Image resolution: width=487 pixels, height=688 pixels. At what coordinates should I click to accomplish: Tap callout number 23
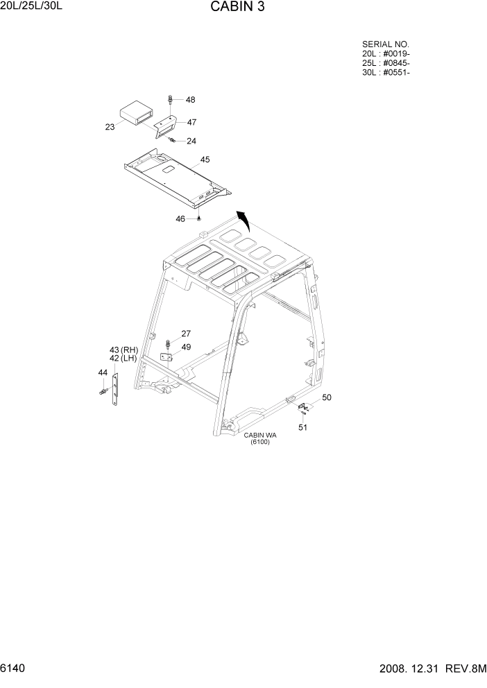point(110,126)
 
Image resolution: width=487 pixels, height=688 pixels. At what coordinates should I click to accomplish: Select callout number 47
point(191,122)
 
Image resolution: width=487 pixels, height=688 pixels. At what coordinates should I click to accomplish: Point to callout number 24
point(191,141)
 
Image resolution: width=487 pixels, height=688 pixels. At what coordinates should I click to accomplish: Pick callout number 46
point(180,218)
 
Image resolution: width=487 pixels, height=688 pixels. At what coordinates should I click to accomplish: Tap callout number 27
point(186,334)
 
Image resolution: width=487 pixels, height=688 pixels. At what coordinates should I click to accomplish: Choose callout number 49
point(186,347)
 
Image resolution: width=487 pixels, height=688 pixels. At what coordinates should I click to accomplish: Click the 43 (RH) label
point(123,350)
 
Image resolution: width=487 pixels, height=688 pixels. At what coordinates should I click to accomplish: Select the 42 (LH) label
point(123,359)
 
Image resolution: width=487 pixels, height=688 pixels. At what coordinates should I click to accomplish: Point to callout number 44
point(103,373)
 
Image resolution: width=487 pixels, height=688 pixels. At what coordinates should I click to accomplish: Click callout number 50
point(327,397)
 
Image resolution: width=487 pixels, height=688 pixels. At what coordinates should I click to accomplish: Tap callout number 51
point(302,427)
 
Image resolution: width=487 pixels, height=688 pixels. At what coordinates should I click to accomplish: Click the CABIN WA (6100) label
point(260,438)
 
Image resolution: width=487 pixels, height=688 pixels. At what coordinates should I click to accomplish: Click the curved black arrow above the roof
point(243,222)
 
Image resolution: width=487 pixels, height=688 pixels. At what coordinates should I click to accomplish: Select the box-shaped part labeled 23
point(136,113)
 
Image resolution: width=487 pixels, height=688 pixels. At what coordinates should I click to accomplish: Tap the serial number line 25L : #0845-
point(386,63)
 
